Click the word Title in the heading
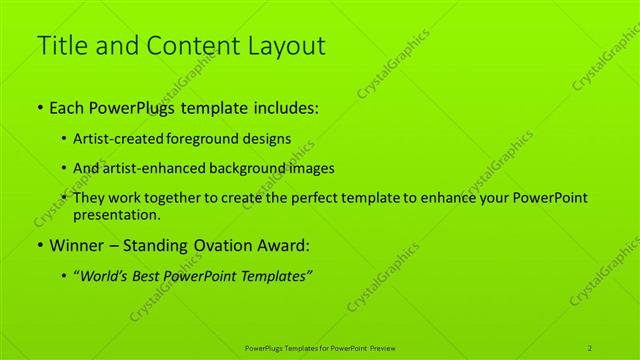click(61, 46)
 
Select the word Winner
click(78, 246)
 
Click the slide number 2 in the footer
click(590, 347)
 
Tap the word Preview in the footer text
click(383, 347)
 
